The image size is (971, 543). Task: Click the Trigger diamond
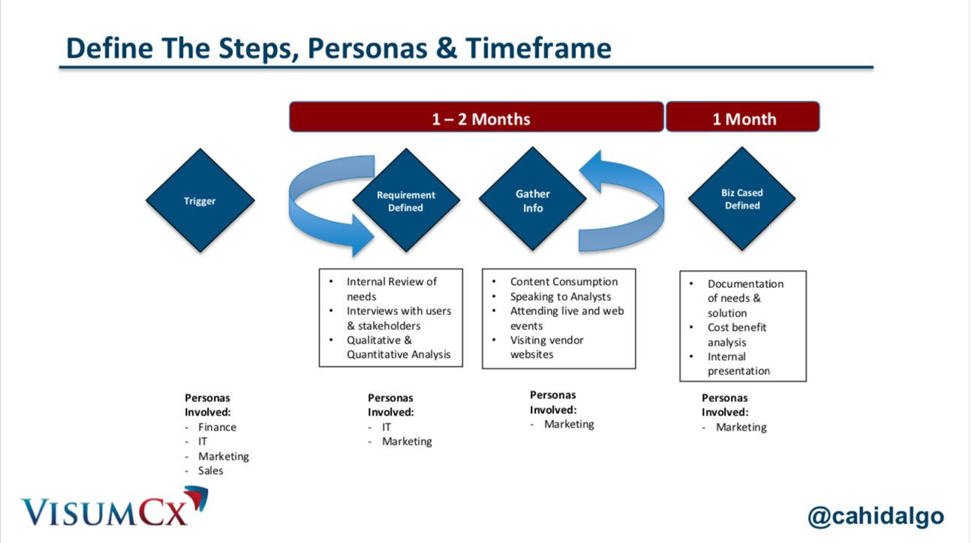(x=200, y=200)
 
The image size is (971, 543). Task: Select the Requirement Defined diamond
(x=406, y=200)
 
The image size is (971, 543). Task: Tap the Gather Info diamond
(x=533, y=200)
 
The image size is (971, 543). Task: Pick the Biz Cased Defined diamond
(x=741, y=199)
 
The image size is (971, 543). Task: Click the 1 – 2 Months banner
(x=476, y=118)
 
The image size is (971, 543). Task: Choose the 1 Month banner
(x=743, y=118)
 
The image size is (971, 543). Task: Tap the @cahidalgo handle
(x=875, y=516)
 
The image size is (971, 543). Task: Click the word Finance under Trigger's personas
(x=217, y=427)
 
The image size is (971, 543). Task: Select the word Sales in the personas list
(x=211, y=470)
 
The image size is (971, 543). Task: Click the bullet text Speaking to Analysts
(x=561, y=296)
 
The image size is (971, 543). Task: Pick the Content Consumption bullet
(x=564, y=282)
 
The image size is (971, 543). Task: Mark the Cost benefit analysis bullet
(x=736, y=334)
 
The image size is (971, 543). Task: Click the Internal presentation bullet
(x=738, y=364)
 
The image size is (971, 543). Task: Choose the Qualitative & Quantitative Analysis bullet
(x=398, y=347)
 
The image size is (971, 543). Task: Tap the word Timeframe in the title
(x=538, y=48)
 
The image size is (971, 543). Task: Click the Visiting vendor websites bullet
(x=546, y=347)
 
